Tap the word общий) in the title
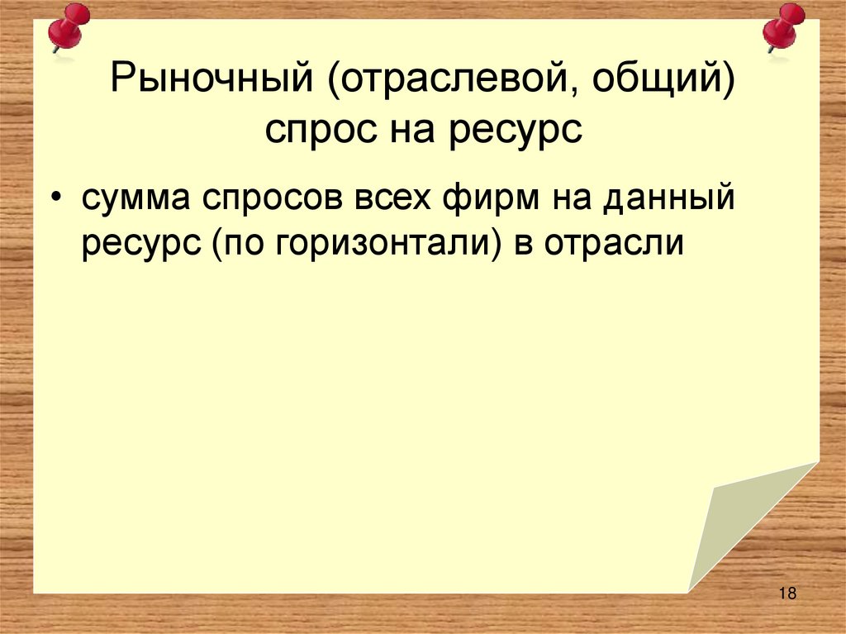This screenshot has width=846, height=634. [652, 84]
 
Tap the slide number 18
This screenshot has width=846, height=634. [786, 593]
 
